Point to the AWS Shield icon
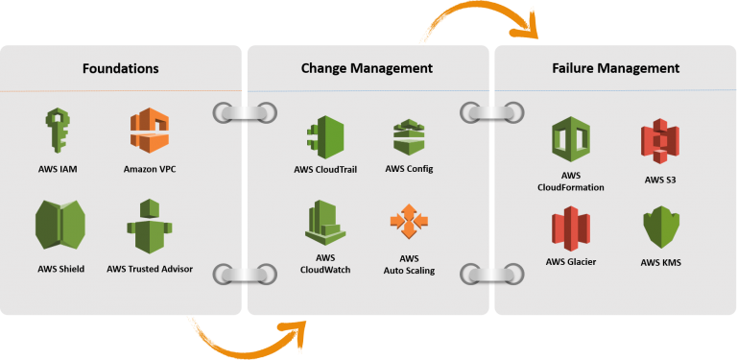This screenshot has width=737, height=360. (59, 226)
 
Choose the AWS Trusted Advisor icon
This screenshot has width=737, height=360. (149, 227)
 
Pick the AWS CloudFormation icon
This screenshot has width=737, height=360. (571, 140)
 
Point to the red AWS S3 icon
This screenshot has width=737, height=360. (660, 140)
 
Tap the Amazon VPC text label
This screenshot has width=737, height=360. (150, 169)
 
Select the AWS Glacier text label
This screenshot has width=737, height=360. (571, 261)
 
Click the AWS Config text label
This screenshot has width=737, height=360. (409, 169)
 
